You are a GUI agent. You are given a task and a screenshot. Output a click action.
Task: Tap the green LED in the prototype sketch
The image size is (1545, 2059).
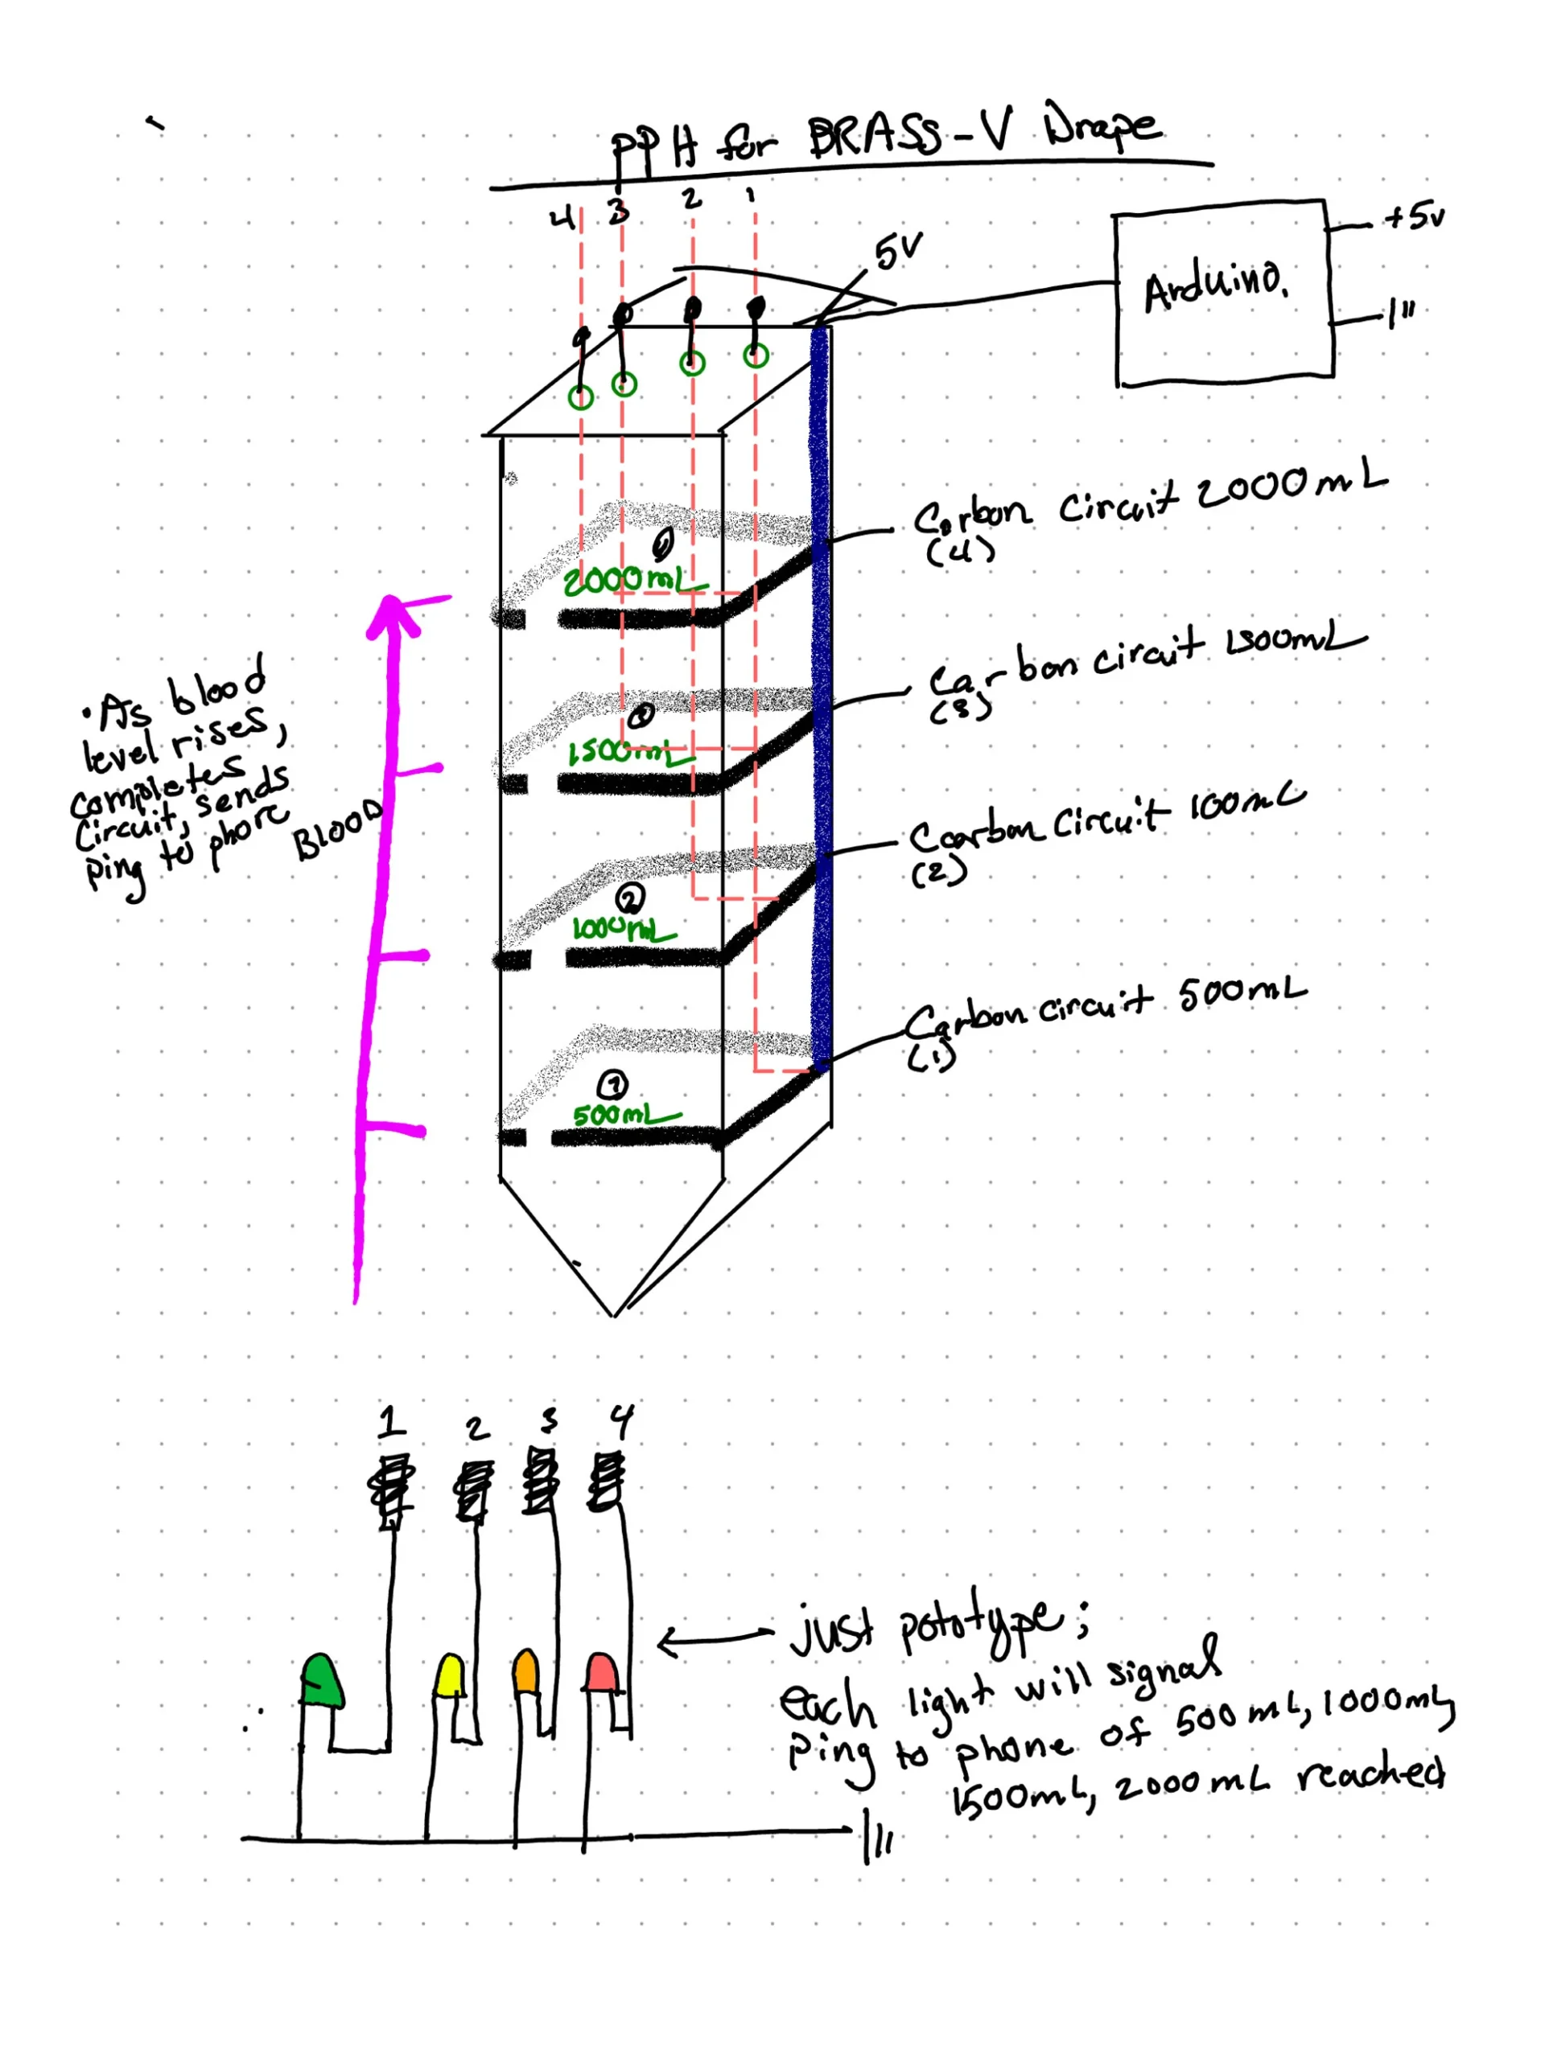point(322,1681)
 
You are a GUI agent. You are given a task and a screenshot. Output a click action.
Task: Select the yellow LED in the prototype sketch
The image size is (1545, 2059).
point(450,1676)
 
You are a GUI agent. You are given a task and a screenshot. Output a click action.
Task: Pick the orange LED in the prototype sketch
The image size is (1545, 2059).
point(525,1672)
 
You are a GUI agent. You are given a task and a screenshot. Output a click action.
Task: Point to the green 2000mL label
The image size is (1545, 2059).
point(628,582)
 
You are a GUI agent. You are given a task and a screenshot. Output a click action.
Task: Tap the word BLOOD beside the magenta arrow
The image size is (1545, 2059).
point(337,828)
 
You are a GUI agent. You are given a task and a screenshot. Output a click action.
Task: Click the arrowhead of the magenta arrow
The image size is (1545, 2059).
point(391,614)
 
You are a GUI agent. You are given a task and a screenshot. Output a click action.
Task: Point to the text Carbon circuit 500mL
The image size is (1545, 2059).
point(1103,1010)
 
